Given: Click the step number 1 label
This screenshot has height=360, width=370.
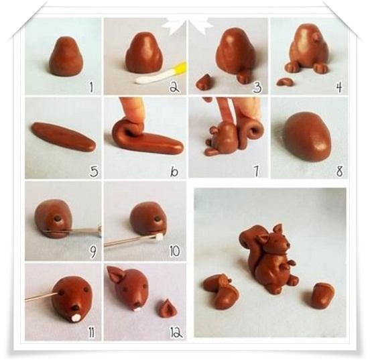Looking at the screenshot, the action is click(x=91, y=87).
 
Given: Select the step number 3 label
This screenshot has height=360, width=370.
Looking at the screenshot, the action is click(x=257, y=87).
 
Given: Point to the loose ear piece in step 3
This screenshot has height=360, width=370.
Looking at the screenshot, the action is click(x=205, y=82).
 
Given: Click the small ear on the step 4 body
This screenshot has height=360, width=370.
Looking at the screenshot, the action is click(x=315, y=36).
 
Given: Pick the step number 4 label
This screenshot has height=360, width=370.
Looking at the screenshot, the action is click(x=339, y=87).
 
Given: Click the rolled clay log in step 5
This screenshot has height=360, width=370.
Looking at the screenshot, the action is click(x=63, y=136).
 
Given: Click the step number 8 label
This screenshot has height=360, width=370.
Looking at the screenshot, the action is click(x=339, y=171).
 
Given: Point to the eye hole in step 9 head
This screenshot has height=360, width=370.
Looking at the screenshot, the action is click(x=58, y=219).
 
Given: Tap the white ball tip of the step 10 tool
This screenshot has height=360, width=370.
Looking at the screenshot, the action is click(x=160, y=237).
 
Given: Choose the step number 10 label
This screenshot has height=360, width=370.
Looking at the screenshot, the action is click(x=174, y=251).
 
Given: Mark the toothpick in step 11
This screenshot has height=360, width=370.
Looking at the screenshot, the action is click(x=42, y=297).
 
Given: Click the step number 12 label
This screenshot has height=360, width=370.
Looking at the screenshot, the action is click(x=176, y=333).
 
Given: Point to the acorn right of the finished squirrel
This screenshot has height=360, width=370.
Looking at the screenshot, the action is click(x=323, y=296).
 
